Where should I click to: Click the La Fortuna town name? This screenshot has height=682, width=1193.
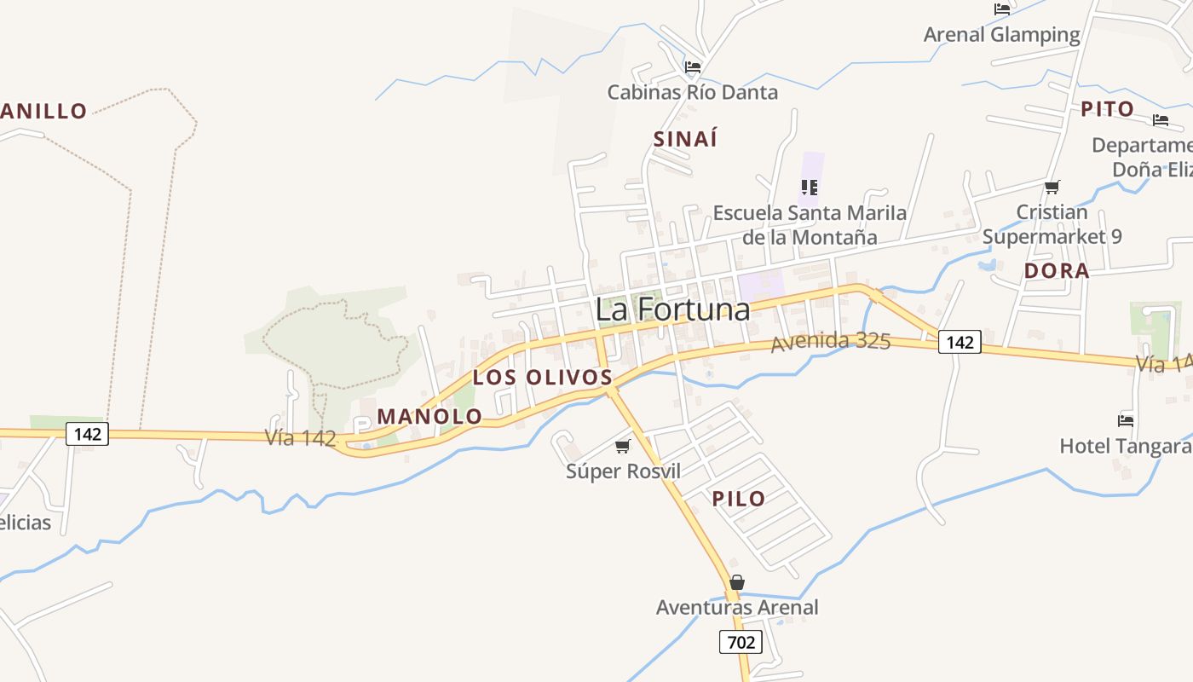(672, 309)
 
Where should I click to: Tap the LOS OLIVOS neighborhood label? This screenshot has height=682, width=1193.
(543, 377)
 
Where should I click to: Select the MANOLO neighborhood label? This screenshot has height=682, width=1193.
(429, 416)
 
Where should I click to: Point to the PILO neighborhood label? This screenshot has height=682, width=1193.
(739, 499)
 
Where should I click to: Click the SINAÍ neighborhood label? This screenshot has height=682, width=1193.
(685, 139)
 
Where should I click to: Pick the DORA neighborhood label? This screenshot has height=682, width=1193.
(1057, 271)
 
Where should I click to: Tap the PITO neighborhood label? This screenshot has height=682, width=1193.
(1107, 109)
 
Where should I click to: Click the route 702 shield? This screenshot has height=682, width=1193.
(741, 641)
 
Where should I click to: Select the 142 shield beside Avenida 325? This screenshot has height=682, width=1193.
(960, 343)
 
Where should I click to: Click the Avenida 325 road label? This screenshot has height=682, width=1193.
(831, 343)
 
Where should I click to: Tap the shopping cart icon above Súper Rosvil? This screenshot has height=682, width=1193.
(623, 446)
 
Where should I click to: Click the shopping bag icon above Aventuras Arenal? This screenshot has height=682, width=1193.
(737, 582)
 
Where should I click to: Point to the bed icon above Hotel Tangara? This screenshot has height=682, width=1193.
(1126, 420)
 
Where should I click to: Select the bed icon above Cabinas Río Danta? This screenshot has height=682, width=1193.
(693, 66)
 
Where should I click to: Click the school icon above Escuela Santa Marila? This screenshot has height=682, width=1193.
(809, 187)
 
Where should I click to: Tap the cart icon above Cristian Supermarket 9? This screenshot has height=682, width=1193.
(1052, 187)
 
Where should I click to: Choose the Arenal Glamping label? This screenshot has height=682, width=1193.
(1002, 35)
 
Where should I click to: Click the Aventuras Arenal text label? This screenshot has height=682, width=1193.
(737, 608)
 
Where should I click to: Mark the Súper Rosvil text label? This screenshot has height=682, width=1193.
(623, 471)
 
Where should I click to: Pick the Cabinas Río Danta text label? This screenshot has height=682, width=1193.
(693, 92)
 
